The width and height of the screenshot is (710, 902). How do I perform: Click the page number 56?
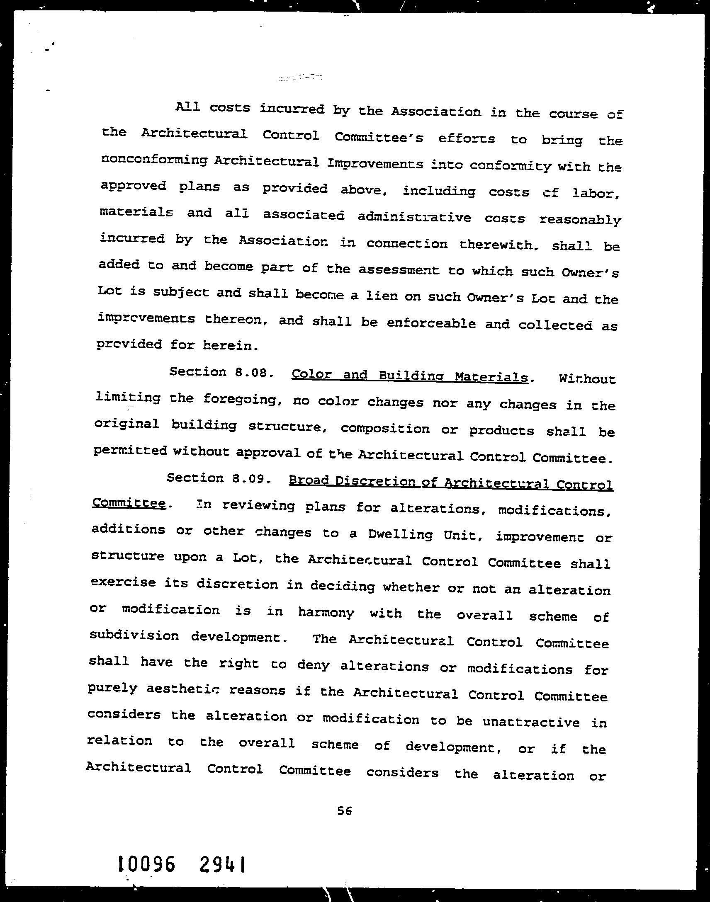(345, 810)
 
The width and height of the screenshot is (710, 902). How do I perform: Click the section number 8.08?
(250, 373)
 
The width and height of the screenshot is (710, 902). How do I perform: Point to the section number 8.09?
(248, 479)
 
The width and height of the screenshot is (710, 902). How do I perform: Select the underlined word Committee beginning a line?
(129, 503)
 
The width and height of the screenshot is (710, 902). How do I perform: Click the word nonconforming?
(154, 161)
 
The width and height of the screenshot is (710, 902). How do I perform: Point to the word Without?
(587, 379)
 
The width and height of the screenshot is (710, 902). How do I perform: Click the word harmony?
(326, 612)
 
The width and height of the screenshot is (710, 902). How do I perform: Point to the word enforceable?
(431, 323)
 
